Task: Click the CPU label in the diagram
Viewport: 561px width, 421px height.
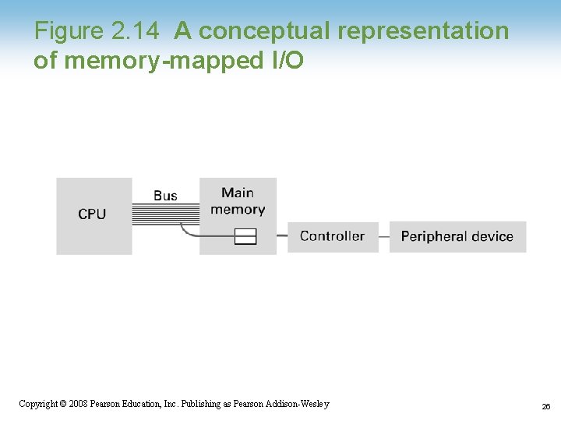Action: click(x=92, y=214)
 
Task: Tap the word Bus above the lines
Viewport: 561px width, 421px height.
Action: click(x=165, y=196)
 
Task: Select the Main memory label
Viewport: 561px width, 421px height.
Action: click(x=238, y=201)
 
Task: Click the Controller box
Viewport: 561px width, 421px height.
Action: click(x=333, y=236)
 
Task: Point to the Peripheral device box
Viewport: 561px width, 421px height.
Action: click(x=457, y=236)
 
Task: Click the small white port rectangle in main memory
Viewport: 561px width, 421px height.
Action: click(x=245, y=235)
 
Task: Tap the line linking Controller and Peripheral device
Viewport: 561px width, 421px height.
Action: click(x=384, y=236)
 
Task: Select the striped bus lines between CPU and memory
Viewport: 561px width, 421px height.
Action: click(x=165, y=214)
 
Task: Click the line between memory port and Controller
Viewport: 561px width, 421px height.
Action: click(x=282, y=235)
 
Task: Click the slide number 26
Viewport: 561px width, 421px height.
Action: click(x=546, y=405)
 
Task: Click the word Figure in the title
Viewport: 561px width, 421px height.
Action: click(x=69, y=31)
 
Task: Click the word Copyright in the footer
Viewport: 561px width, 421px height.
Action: click(x=37, y=403)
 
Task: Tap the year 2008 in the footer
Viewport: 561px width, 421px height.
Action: click(x=77, y=403)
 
